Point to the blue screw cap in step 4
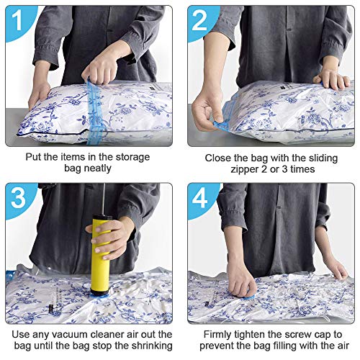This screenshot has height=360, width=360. click(248, 292)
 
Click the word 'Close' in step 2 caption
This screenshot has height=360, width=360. click(220, 156)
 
